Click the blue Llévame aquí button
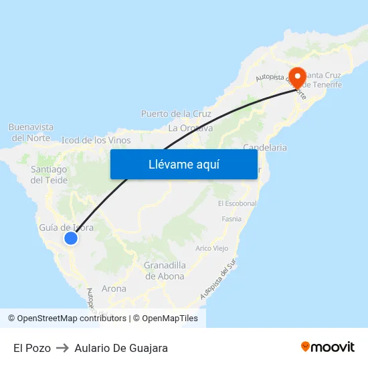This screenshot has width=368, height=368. (x=183, y=164)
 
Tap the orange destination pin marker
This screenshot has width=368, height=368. (x=296, y=77)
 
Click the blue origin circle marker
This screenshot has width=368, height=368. (x=70, y=238)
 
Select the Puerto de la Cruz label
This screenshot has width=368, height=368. (x=176, y=114)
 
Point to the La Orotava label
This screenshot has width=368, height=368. (x=191, y=128)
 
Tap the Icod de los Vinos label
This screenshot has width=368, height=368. (x=96, y=141)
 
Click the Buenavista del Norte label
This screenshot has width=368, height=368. (x=31, y=132)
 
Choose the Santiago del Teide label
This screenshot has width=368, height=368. (x=49, y=175)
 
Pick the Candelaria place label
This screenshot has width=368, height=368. (x=265, y=147)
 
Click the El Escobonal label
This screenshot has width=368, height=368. (x=237, y=203)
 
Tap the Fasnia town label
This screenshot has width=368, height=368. (x=231, y=219)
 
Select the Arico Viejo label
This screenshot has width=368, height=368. (x=211, y=248)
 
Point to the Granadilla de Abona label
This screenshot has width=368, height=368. (x=165, y=270)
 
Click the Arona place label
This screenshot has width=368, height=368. (x=114, y=289)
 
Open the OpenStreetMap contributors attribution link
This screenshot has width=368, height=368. (x=72, y=318)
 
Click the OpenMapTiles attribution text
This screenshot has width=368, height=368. (x=169, y=318)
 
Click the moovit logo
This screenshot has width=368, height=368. (x=327, y=347)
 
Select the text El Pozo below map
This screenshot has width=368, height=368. (x=31, y=348)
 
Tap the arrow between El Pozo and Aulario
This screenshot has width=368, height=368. (x=63, y=348)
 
